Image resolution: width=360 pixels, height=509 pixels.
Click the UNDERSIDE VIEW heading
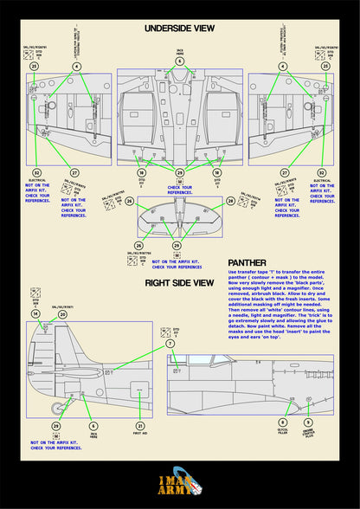(x=180, y=29)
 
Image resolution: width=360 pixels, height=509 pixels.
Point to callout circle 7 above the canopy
(x=170, y=344)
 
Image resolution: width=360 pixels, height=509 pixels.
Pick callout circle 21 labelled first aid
(x=140, y=426)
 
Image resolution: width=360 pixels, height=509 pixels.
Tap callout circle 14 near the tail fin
(x=35, y=314)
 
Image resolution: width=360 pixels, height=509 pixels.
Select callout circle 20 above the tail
(x=62, y=314)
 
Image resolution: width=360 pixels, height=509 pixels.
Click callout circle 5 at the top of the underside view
(x=180, y=61)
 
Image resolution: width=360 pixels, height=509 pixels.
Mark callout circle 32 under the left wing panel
(x=37, y=173)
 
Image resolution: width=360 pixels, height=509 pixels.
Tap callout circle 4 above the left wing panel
(x=76, y=66)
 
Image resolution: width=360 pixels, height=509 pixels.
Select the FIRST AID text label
(x=140, y=437)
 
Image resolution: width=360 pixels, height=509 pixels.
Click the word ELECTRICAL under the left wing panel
(x=37, y=183)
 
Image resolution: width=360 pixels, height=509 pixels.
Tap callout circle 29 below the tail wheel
(x=56, y=426)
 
